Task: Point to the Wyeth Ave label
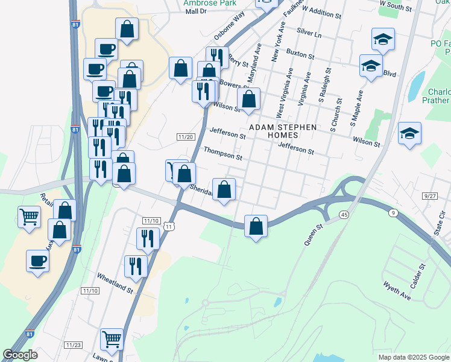[396, 290]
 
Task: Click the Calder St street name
[418, 275]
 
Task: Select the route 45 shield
[344, 214]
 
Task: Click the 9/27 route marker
[430, 196]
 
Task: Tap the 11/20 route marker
[186, 137]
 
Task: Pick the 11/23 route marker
[74, 345]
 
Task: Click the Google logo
[21, 355]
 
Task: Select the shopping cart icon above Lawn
[112, 340]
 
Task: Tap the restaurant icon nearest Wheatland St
[136, 265]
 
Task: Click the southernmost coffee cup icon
[38, 261]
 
